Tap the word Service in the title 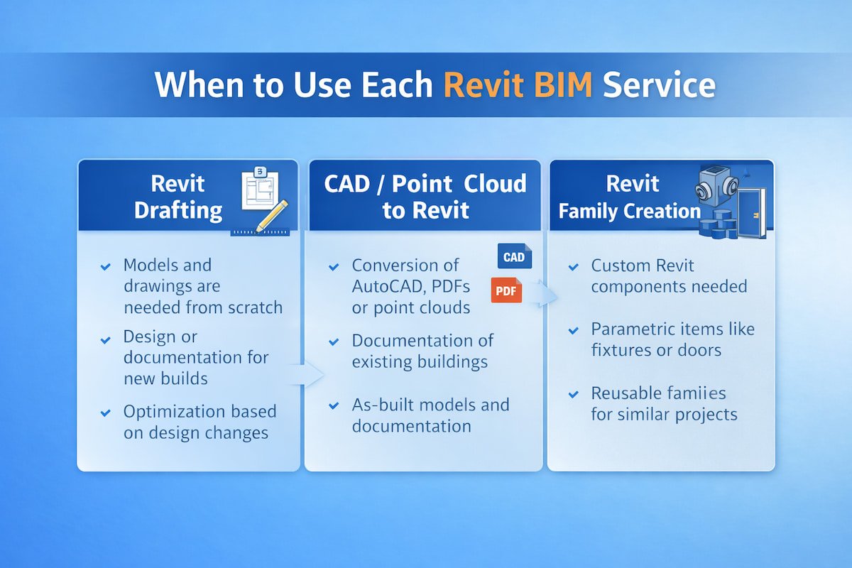click(658, 85)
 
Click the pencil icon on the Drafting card click(271, 216)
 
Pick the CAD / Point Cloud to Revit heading click(425, 197)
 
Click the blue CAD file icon click(514, 257)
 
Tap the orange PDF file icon click(506, 290)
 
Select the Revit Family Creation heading click(630, 197)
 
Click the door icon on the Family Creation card click(750, 212)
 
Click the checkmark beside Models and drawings click(106, 267)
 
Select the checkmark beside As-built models click(334, 406)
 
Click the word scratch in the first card click(253, 307)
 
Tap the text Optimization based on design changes click(200, 422)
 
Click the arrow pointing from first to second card click(307, 373)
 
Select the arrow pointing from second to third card click(547, 293)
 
